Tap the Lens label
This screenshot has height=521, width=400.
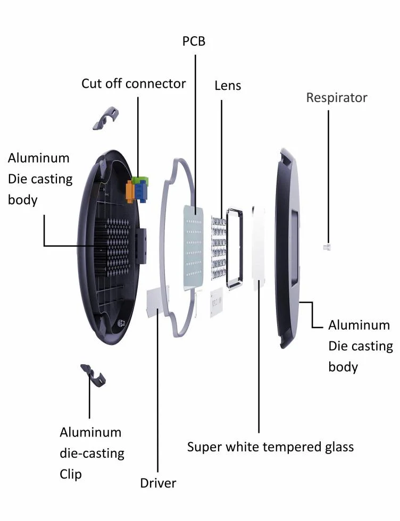tap(228, 86)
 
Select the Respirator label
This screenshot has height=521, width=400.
tap(337, 98)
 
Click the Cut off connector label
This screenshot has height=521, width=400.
tap(134, 83)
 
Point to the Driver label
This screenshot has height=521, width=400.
tap(158, 483)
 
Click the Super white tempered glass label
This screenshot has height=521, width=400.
tap(270, 447)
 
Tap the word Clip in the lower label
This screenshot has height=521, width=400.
tap(71, 474)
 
